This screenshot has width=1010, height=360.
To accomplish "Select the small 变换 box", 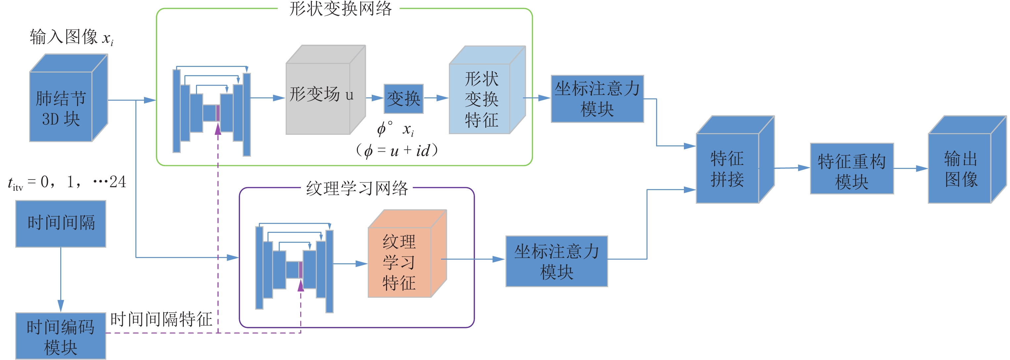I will click(404, 99).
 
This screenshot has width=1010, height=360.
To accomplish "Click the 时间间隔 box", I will click(61, 224).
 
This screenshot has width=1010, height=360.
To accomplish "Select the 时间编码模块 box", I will click(61, 336).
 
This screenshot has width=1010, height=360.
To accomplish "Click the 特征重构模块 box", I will click(852, 169).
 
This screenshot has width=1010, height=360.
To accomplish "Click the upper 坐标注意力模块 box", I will click(597, 99).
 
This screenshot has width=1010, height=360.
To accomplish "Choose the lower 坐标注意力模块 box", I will click(556, 261).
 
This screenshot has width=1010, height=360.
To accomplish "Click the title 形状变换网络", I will click(340, 9).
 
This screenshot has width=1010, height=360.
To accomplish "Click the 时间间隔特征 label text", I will click(161, 319).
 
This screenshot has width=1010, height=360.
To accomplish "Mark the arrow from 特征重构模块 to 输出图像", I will click(910, 169).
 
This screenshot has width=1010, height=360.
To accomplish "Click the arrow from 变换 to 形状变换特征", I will click(436, 98).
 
